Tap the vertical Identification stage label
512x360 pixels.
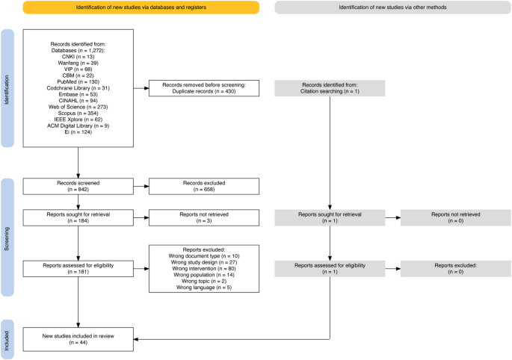10,89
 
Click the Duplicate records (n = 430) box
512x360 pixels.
203,89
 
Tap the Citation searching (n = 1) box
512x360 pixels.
330,89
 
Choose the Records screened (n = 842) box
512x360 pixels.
78,186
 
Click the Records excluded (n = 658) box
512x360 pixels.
203,186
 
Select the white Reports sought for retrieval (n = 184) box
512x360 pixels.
78,217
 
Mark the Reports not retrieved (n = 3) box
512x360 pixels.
203,217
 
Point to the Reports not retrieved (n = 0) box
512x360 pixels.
455,217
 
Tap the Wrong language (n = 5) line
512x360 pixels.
203,287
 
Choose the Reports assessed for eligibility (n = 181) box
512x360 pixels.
78,268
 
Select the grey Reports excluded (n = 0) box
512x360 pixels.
455,268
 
